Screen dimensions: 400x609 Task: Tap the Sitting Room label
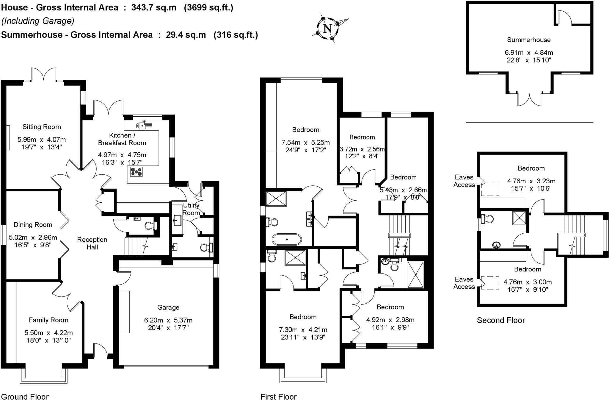pos(42,127)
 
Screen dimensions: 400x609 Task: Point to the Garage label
pos(168,307)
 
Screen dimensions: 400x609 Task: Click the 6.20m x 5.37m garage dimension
pos(168,320)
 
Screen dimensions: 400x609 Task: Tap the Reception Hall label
pos(92,243)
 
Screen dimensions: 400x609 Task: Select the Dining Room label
pos(33,225)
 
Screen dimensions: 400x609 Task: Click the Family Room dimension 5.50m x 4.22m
pos(48,333)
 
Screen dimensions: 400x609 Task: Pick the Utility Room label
pos(191,209)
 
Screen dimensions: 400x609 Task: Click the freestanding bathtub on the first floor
pos(287,239)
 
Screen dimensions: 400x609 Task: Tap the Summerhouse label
pos(529,40)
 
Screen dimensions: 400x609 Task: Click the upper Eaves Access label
pos(464,181)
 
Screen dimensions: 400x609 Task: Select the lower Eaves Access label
pos(464,283)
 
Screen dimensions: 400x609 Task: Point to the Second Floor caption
pos(501,321)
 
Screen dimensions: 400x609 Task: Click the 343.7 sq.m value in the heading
pos(154,7)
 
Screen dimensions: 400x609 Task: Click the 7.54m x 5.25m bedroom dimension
pos(305,143)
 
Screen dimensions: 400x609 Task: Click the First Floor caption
pos(278,396)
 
